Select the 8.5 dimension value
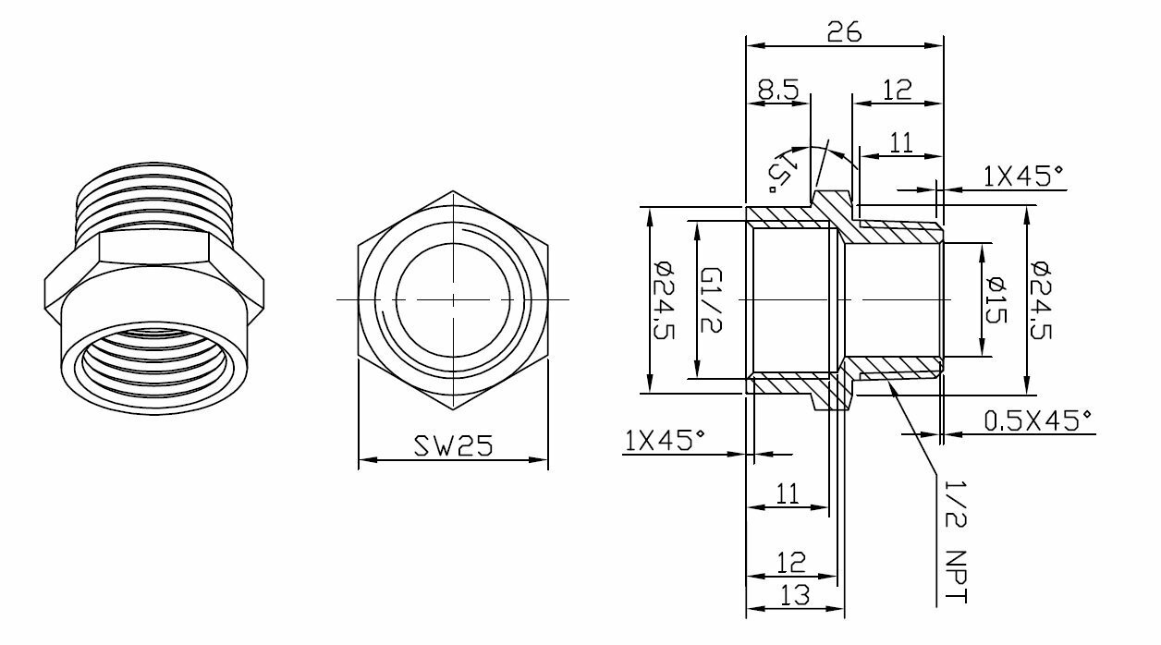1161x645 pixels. click(x=777, y=90)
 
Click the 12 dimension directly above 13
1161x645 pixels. click(x=792, y=562)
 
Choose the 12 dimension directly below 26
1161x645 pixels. click(x=897, y=90)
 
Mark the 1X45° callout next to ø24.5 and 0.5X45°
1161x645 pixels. click(x=1022, y=176)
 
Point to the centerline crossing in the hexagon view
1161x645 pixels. click(x=453, y=300)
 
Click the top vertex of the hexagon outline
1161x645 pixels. click(x=453, y=191)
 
